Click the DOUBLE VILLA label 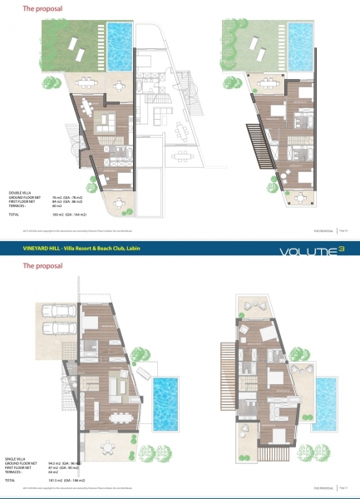tap(20, 191)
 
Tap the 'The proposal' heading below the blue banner tap(38, 267)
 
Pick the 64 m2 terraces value tap(56, 471)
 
